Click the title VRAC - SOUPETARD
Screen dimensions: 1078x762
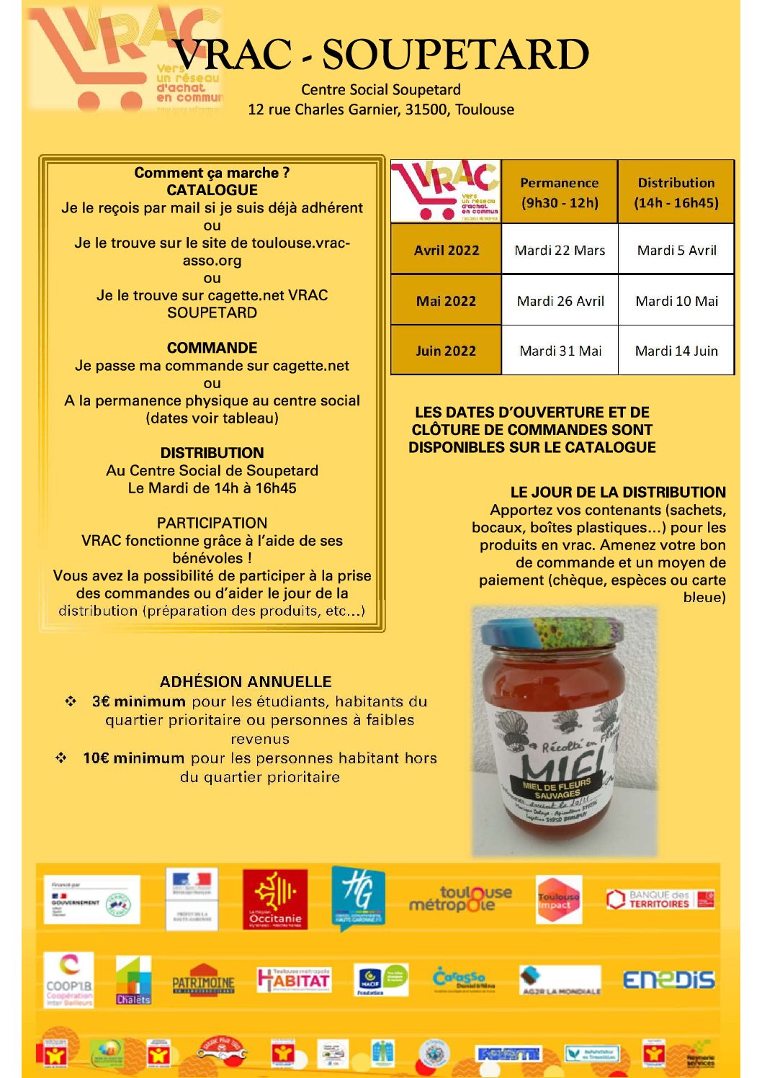(381, 55)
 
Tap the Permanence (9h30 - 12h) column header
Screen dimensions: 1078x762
(560, 192)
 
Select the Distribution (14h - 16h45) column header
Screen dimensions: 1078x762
(676, 192)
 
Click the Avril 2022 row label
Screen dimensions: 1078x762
(447, 250)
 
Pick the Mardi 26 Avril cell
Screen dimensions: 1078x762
(560, 301)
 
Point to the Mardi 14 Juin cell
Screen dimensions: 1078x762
(676, 351)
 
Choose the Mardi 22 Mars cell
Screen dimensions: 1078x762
(560, 250)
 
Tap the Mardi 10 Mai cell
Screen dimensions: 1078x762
(676, 301)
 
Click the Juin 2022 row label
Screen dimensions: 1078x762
(446, 351)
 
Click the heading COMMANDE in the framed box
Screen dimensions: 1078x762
(212, 348)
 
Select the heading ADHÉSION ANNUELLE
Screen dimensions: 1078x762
(246, 681)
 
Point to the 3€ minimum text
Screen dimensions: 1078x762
(138, 701)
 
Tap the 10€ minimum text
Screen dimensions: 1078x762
(133, 758)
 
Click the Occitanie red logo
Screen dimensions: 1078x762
(275, 899)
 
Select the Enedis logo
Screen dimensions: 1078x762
(668, 979)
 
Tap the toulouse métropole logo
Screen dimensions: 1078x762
(460, 898)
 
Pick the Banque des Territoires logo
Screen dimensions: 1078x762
(660, 899)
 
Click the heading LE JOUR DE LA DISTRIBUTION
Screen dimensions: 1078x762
(618, 493)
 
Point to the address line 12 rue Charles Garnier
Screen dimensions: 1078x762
(381, 109)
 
